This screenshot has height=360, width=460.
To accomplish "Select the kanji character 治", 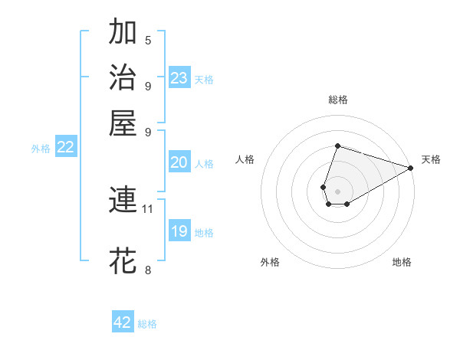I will coord(123,77).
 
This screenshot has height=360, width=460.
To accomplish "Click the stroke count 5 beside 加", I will coord(148,40).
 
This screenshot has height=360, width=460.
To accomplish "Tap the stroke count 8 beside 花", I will coord(148,269).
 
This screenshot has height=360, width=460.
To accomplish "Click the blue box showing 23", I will coord(179,78).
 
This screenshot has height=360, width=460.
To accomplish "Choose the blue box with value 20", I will coord(179,162).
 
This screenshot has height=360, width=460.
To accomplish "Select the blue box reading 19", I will coord(179,231).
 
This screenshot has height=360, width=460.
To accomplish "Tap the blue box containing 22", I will coord(65,147).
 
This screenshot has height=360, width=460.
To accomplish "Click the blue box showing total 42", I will coord(123,322).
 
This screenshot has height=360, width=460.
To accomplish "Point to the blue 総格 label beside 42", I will coord(148,324).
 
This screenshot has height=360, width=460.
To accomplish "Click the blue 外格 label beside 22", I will coord(41,149).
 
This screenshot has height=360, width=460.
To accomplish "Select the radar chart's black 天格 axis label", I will coord(432,159).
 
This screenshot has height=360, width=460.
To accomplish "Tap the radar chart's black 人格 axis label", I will coord(245,159).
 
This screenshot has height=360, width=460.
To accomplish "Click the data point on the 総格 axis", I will coord(337,146).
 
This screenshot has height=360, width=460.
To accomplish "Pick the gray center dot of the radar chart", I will coord(337,190).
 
